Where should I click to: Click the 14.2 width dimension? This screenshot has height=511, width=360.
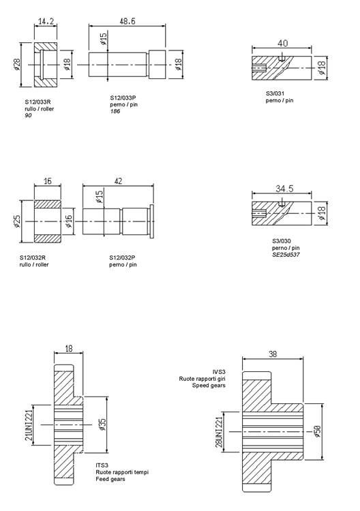pyautogui.click(x=46, y=22)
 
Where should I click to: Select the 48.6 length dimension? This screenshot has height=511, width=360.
pyautogui.click(x=127, y=21)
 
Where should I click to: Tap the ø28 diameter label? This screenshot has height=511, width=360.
pyautogui.click(x=17, y=64)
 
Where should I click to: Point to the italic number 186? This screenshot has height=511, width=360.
pyautogui.click(x=115, y=112)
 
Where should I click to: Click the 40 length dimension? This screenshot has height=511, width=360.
pyautogui.click(x=283, y=44)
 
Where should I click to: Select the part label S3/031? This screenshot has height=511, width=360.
pyautogui.click(x=275, y=93)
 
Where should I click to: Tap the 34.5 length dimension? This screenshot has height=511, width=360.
pyautogui.click(x=284, y=189)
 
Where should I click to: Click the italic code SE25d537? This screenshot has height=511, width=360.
pyautogui.click(x=286, y=255)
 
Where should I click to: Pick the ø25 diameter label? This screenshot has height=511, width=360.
pyautogui.click(x=17, y=221)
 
